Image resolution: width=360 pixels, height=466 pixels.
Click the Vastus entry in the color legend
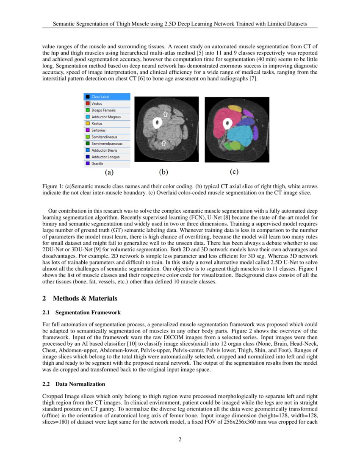[97, 103]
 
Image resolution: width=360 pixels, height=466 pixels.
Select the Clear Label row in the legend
[101, 97]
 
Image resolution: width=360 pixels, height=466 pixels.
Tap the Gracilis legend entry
[97, 164]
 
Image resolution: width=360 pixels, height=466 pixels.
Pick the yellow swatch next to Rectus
[87, 124]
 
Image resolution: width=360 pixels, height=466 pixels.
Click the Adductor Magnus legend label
[106, 117]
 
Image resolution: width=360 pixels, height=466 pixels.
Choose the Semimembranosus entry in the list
[105, 144]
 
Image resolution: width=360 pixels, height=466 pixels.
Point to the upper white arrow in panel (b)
[166, 114]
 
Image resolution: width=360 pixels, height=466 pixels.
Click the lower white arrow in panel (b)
[164, 144]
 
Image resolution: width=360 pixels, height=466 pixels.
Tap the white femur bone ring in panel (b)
[158, 123]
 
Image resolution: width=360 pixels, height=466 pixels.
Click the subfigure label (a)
[109, 172]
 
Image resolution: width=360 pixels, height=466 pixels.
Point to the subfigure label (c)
[234, 172]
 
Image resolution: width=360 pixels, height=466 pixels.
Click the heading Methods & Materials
[85, 298]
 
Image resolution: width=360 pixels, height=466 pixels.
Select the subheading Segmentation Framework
[88, 313]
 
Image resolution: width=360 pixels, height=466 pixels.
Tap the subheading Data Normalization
[80, 384]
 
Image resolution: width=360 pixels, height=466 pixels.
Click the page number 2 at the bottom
[180, 439]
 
